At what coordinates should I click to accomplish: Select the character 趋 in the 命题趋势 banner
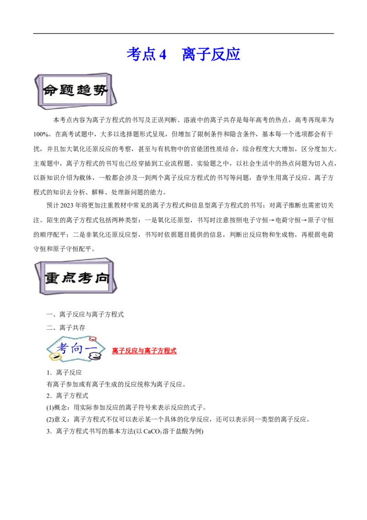83,90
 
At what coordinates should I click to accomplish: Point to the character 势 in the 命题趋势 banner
100,90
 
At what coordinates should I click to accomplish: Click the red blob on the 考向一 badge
93,339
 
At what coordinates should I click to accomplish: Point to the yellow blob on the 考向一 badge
55,357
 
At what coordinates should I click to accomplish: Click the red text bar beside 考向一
145,351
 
